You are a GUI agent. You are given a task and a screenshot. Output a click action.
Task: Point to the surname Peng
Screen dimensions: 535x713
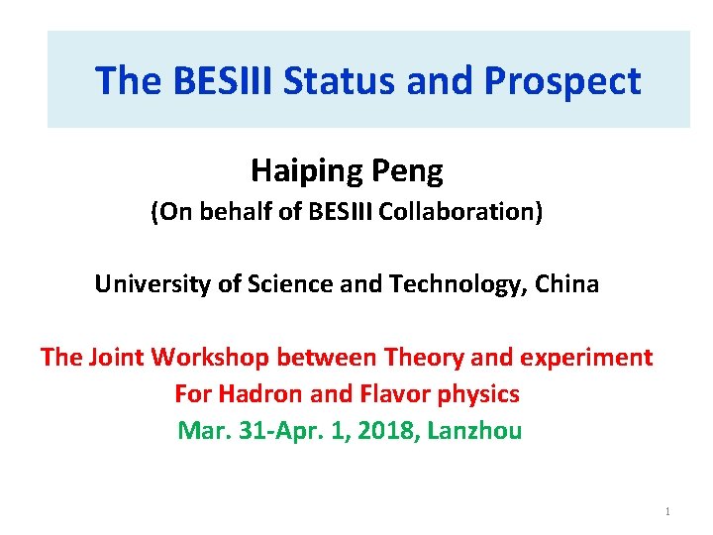click(408, 171)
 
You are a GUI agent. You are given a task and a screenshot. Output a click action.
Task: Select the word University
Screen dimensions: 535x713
click(145, 284)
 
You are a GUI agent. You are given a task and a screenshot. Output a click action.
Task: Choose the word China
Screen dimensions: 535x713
click(568, 284)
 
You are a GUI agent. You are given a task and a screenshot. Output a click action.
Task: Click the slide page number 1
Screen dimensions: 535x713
click(667, 512)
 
